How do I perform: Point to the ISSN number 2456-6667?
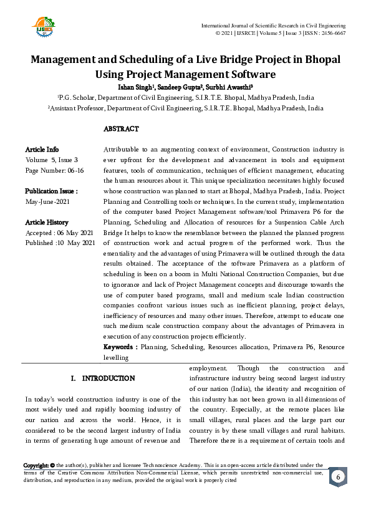coord(332,32)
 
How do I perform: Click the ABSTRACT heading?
coord(121,129)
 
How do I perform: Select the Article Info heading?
coord(42,150)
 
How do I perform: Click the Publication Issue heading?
coord(51,191)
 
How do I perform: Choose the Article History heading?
coord(47,222)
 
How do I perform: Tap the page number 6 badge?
coord(337,477)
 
